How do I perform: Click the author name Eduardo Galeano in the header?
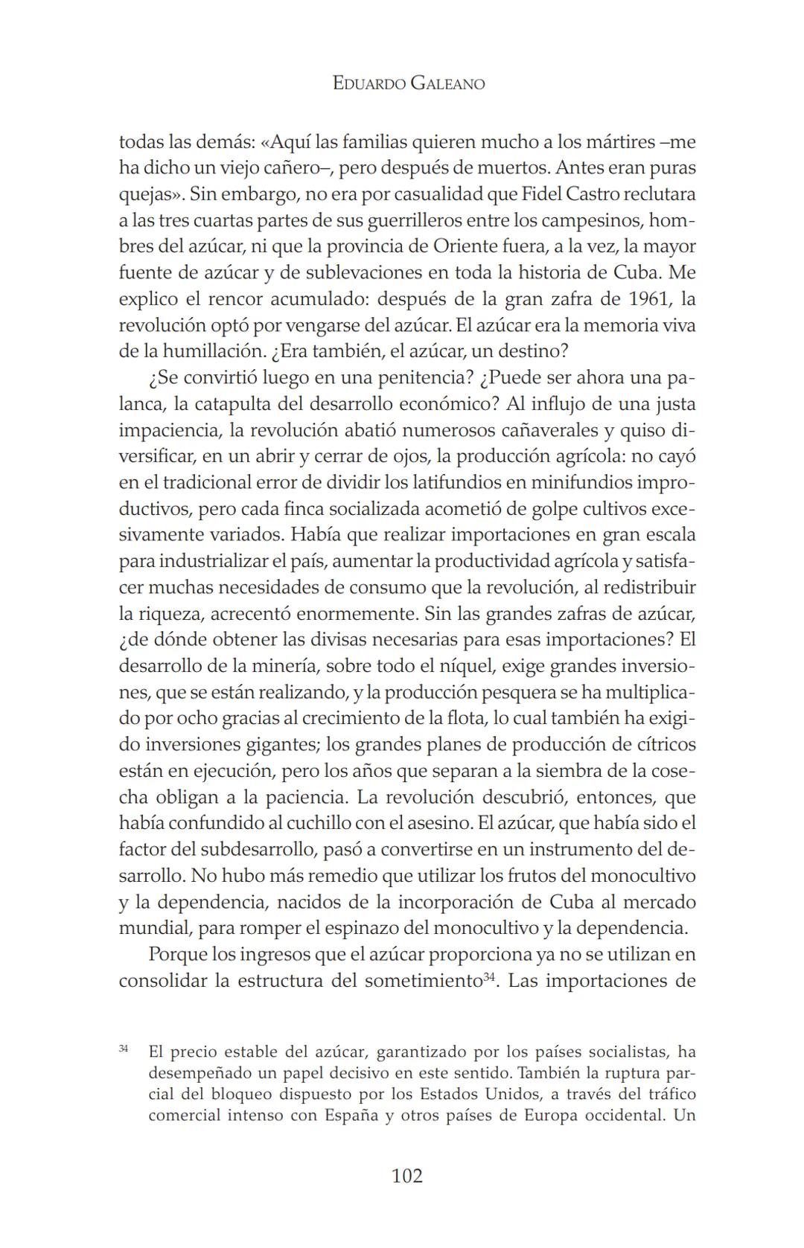pos(408,83)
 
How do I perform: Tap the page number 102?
pos(406,1176)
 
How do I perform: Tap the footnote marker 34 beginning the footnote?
pos(123,1049)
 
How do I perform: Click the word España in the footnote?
pos(351,1116)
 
